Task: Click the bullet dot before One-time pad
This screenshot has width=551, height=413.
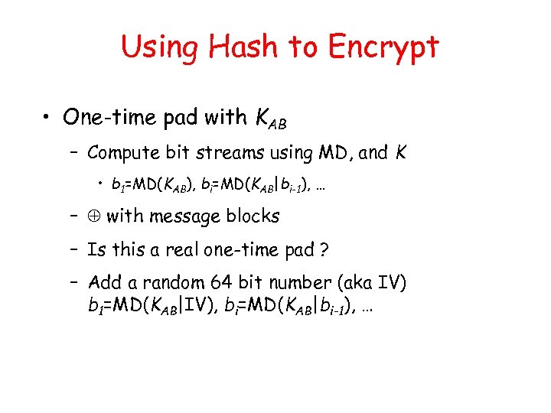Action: coord(48,118)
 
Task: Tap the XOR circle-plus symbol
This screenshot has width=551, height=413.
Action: coord(95,216)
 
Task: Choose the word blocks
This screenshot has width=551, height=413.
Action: coord(253,216)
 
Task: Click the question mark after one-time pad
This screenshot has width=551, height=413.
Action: coord(324,250)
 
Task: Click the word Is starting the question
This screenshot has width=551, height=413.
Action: coord(96,249)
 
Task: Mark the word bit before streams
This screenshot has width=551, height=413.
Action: coord(193,153)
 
